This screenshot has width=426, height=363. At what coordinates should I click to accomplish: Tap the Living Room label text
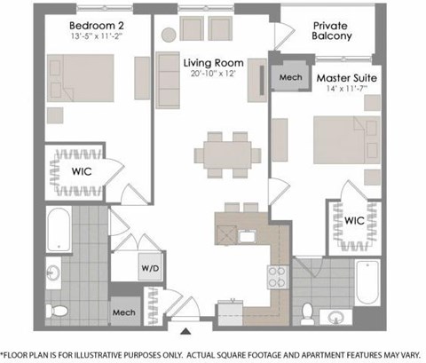click(x=213, y=63)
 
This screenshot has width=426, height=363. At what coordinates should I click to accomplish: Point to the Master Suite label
click(x=347, y=78)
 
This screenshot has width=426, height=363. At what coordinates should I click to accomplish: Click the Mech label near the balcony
click(x=290, y=77)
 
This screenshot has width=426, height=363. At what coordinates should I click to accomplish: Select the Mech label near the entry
click(x=122, y=312)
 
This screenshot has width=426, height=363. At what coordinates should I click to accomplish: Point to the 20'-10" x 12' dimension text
click(x=213, y=76)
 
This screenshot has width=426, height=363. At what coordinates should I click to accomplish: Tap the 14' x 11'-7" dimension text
click(x=347, y=91)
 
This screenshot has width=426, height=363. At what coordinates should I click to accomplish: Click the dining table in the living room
click(x=227, y=147)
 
